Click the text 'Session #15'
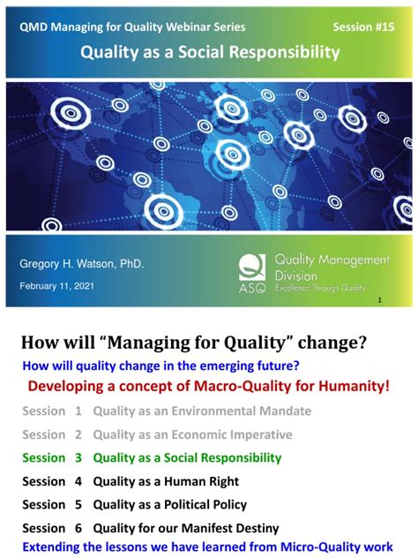[363, 27]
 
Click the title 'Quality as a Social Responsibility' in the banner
[210, 52]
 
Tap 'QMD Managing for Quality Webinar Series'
[132, 27]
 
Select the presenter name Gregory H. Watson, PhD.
[82, 264]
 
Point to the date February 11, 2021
[56, 286]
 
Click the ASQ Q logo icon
[252, 268]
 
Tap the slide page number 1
[379, 300]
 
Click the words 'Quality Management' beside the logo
[332, 260]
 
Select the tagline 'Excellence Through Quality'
[320, 288]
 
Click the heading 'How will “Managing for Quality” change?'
[194, 343]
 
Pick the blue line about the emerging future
[161, 366]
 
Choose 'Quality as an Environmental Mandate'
[202, 411]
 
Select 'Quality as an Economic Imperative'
[192, 434]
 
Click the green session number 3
[78, 457]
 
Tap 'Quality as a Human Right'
[166, 481]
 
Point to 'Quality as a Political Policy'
[170, 505]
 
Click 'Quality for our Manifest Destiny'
[186, 528]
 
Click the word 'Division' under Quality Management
[295, 276]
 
